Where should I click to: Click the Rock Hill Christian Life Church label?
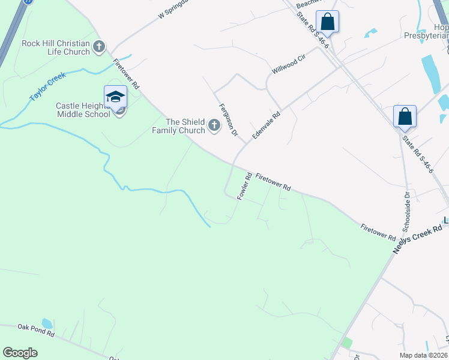pyautogui.click(x=55, y=47)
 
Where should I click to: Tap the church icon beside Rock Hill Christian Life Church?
pyautogui.click(x=100, y=46)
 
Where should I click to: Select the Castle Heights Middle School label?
pyautogui.click(x=83, y=110)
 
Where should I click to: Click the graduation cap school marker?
pyautogui.click(x=115, y=97)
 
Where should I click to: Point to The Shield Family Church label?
pyautogui.click(x=178, y=126)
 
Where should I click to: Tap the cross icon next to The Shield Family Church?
pyautogui.click(x=214, y=126)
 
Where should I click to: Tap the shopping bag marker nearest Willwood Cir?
pyautogui.click(x=328, y=22)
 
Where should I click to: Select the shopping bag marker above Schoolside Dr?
pyautogui.click(x=405, y=116)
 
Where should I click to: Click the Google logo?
pyautogui.click(x=20, y=353)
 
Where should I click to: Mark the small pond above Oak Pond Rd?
pyautogui.click(x=47, y=323)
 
